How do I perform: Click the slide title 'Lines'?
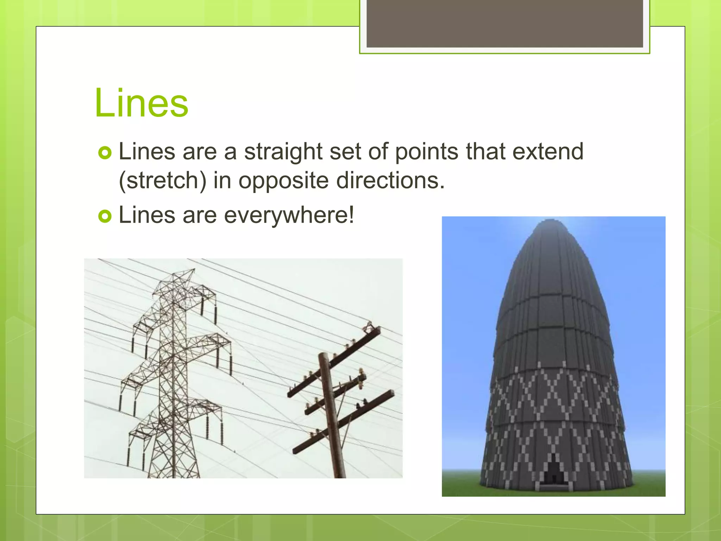pyautogui.click(x=142, y=103)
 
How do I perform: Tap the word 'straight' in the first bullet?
pyautogui.click(x=283, y=152)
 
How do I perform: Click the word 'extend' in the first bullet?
pyautogui.click(x=548, y=151)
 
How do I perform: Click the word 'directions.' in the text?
pyautogui.click(x=390, y=180)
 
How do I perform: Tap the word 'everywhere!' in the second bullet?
pyautogui.click(x=289, y=215)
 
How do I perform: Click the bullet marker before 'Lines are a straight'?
pyautogui.click(x=105, y=153)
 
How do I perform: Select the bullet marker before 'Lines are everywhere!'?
pyautogui.click(x=105, y=216)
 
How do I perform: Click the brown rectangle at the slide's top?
pyautogui.click(x=504, y=23)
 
